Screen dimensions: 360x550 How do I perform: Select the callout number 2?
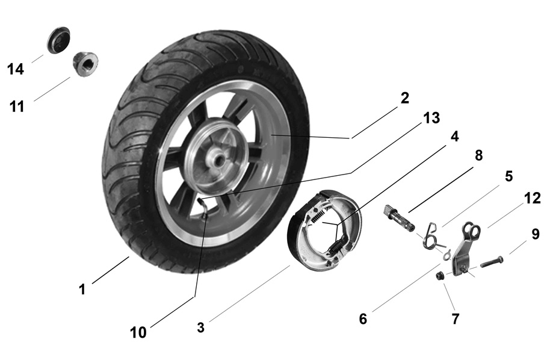point(404,98)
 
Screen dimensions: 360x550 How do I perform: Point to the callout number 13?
point(431,118)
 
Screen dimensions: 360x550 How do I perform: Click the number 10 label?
point(138,332)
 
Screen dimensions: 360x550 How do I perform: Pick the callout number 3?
point(200,327)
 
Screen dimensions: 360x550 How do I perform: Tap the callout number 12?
point(531,198)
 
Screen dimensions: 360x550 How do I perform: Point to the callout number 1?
point(82,289)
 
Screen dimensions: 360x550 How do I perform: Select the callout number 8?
point(478,156)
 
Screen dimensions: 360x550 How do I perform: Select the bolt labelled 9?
point(491,262)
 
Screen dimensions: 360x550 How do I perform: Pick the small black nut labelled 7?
point(440,276)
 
